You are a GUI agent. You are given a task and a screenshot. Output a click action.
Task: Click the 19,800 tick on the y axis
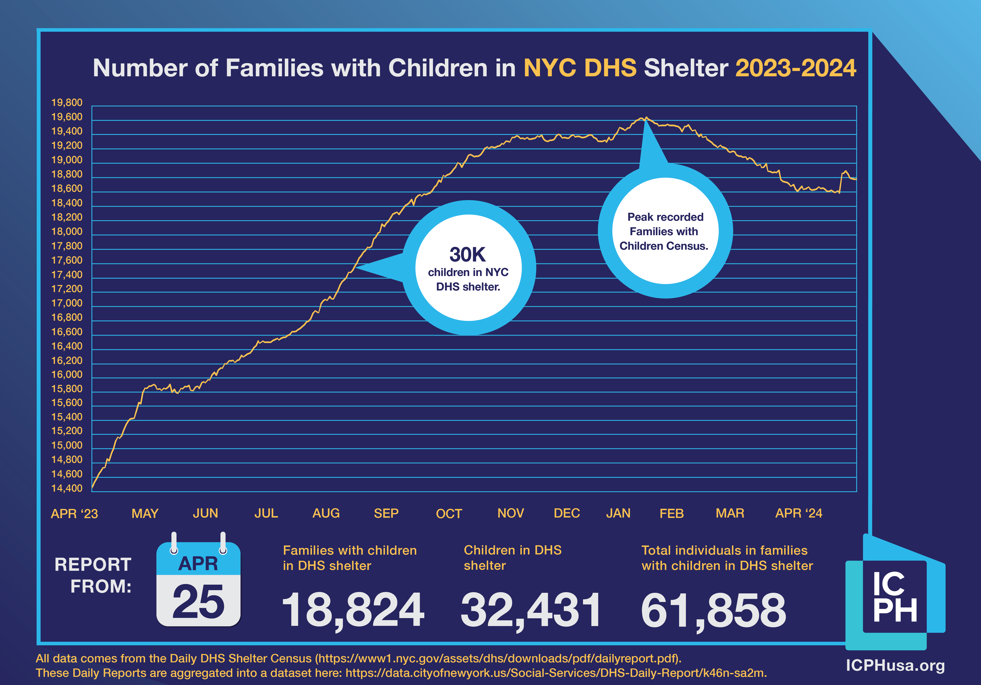[67, 103]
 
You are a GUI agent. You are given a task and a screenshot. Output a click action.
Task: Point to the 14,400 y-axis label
[67, 488]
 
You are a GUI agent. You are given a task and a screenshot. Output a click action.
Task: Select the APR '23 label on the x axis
[74, 513]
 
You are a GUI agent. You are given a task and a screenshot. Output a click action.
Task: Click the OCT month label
[449, 513]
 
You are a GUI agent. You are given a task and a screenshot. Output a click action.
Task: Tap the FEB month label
[671, 513]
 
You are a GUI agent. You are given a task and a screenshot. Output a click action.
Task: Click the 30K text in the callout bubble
[467, 255]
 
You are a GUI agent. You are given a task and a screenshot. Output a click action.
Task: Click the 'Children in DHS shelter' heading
[512, 558]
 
